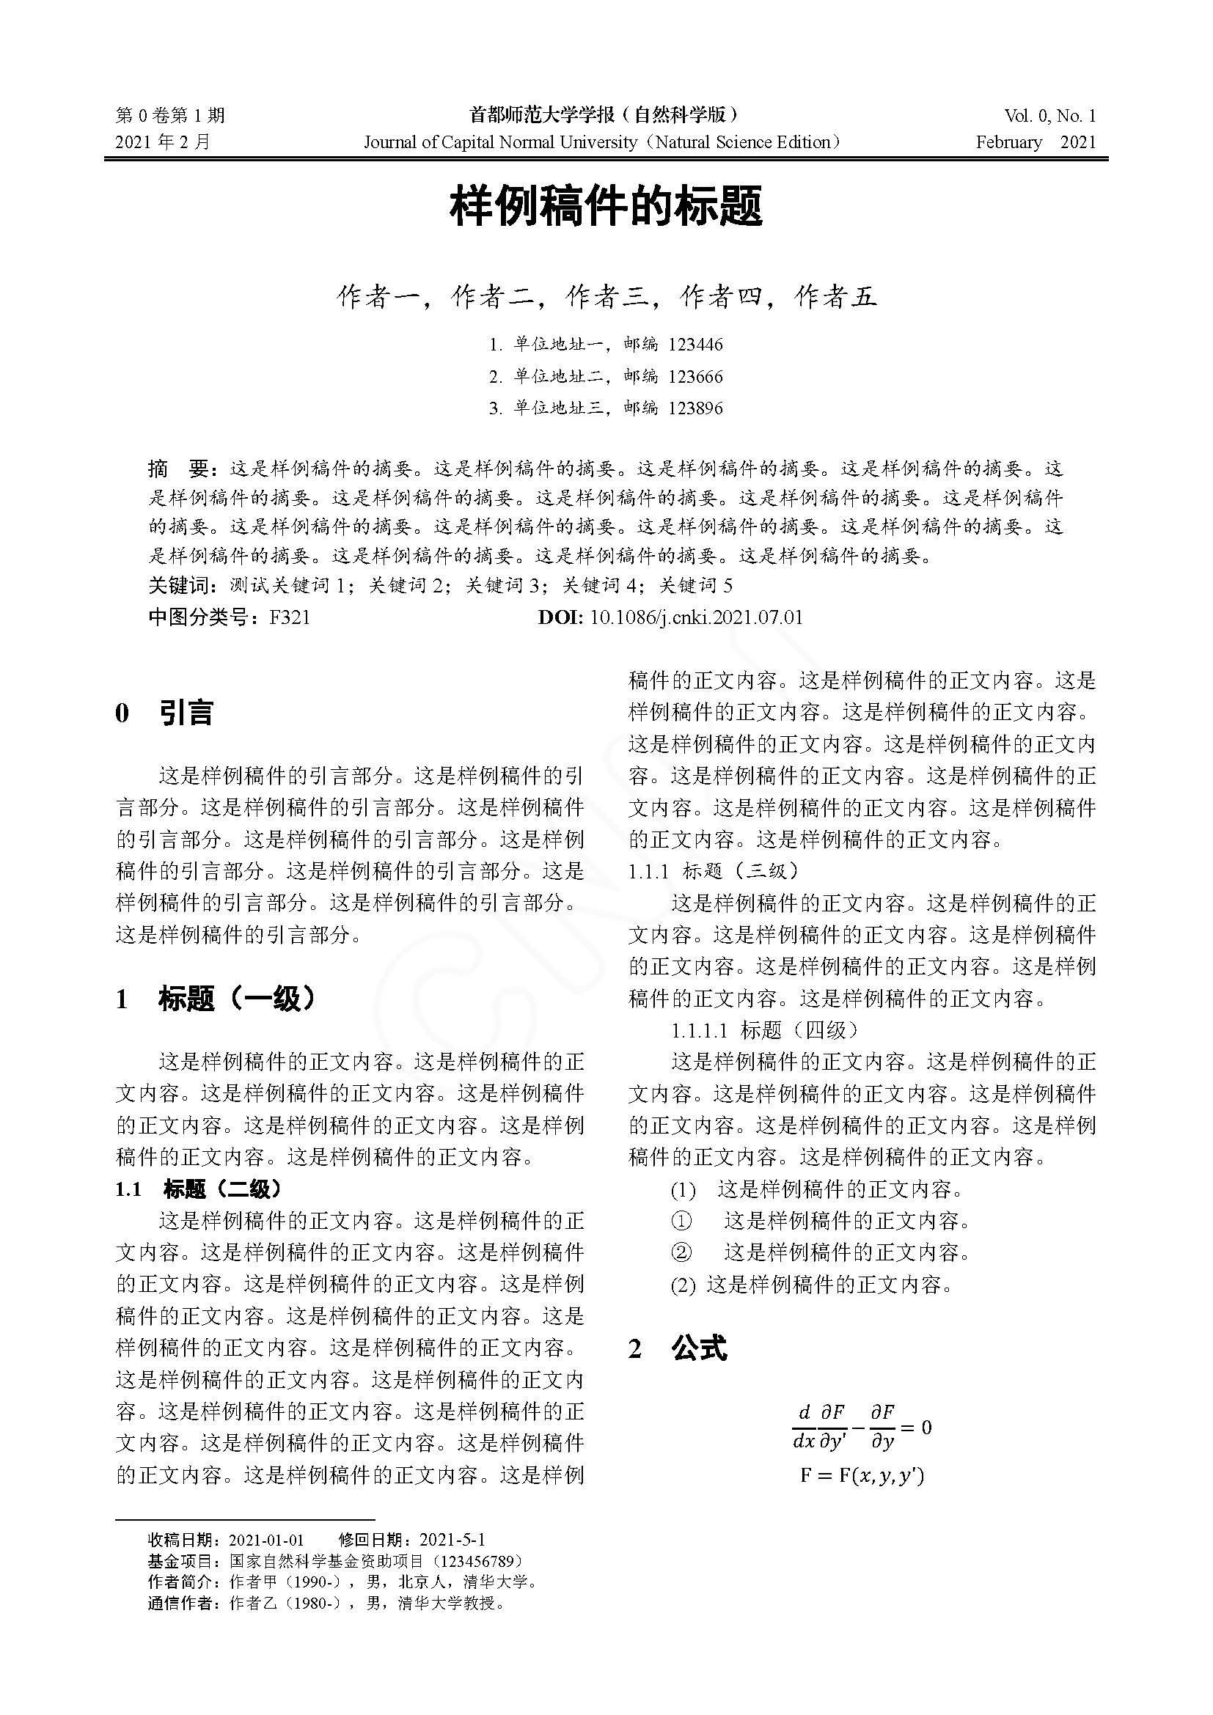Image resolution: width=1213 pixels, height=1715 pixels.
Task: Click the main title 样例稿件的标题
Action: pos(606,208)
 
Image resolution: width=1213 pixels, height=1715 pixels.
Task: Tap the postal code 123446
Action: pos(695,345)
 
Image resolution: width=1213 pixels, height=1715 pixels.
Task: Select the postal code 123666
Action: pos(695,376)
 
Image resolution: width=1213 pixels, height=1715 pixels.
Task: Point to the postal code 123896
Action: pos(695,408)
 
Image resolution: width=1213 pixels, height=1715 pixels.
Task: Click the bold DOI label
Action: pos(560,617)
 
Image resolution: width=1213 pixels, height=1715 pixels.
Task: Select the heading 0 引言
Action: pos(164,713)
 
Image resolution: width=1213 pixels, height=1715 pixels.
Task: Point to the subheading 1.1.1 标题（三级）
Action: pos(714,871)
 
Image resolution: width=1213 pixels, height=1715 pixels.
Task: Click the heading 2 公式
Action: pos(678,1348)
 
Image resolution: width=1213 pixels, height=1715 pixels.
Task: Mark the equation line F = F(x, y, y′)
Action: pos(862,1476)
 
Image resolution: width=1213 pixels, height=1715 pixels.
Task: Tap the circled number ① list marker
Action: pos(681,1222)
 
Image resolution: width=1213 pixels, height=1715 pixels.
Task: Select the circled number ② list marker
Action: pos(681,1252)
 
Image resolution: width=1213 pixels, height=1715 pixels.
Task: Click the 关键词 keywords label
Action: pos(181,586)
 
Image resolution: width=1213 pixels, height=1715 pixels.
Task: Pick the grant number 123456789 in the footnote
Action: pos(478,1561)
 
